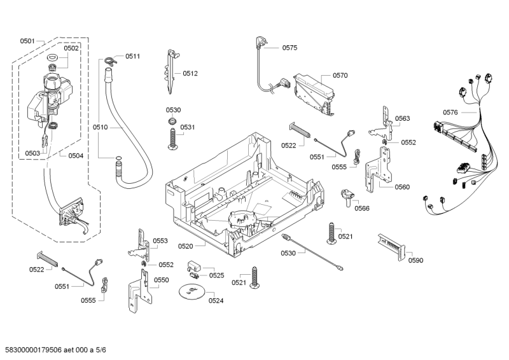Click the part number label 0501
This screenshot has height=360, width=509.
click(27, 41)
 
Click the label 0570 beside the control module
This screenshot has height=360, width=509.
click(340, 75)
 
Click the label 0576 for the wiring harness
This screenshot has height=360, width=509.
click(450, 113)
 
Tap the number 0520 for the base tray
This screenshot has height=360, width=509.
click(186, 246)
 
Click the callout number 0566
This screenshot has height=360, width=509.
click(362, 208)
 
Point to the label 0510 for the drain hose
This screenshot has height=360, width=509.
click(100, 127)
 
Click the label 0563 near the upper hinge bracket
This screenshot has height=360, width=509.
click(402, 118)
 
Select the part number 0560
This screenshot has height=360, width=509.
click(402, 187)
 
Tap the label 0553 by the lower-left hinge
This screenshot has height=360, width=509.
click(160, 241)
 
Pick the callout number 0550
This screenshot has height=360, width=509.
click(162, 280)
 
